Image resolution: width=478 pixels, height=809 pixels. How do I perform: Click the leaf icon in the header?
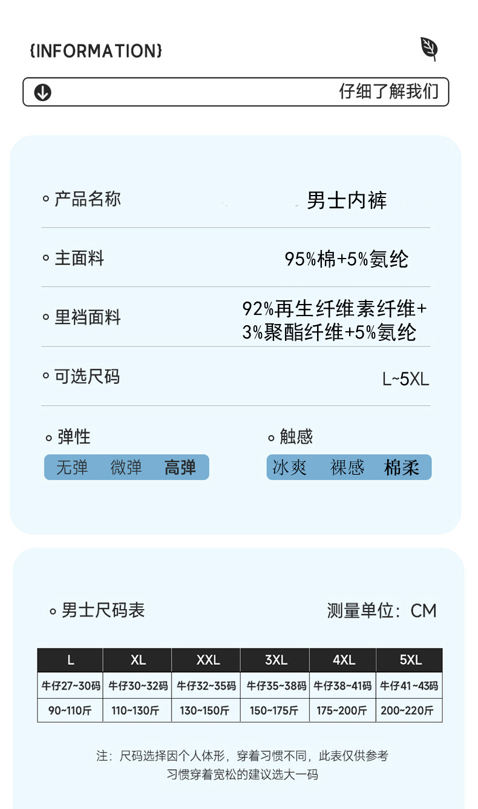(429, 48)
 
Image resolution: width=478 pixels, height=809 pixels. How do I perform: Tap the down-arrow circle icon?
(42, 93)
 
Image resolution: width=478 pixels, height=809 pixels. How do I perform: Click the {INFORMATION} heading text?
(96, 51)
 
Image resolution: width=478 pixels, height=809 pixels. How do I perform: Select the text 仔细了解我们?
(388, 92)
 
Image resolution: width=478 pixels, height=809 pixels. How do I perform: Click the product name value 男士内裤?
(347, 200)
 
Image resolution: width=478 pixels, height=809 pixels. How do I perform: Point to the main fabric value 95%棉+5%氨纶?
(347, 259)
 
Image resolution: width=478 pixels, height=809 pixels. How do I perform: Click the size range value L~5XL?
(405, 379)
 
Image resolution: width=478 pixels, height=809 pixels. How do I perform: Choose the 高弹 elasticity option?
(180, 467)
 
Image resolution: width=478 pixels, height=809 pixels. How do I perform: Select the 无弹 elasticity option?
(72, 467)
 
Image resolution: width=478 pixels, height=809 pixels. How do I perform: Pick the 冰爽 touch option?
(290, 467)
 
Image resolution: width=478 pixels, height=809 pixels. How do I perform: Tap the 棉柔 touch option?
(402, 467)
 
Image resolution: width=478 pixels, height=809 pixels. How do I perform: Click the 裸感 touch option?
(347, 467)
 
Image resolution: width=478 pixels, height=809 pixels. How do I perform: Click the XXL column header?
(208, 660)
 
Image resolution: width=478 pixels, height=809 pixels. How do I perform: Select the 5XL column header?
(410, 660)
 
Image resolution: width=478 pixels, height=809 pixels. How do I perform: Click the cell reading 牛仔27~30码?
(70, 686)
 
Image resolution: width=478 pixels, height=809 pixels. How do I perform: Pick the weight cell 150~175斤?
(275, 710)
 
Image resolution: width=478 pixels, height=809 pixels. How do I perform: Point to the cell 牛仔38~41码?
(342, 686)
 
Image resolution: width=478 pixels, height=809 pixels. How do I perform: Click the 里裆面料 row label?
(88, 317)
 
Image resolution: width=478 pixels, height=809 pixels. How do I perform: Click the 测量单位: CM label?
(381, 610)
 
